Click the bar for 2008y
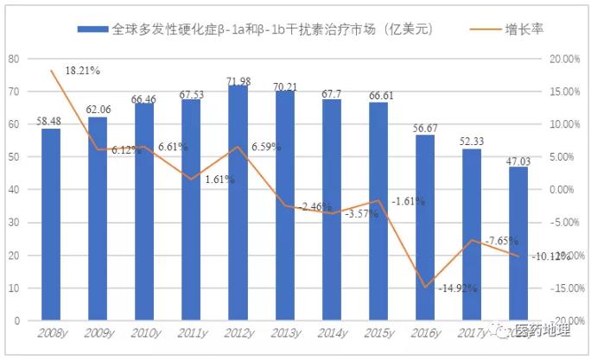tap(51, 224)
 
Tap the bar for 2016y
tap(424, 228)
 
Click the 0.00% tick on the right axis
tap(564, 190)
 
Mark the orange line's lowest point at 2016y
tap(424, 287)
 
